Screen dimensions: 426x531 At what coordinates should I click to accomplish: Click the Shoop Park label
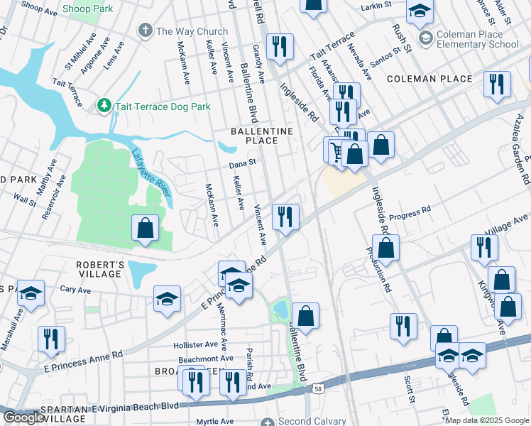tap(87, 9)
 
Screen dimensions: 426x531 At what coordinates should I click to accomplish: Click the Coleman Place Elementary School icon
tap(426, 37)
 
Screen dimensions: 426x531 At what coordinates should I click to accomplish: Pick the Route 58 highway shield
tap(319, 388)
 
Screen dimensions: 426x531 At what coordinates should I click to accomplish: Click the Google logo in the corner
tap(23, 417)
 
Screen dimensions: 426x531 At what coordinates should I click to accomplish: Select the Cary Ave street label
tap(75, 290)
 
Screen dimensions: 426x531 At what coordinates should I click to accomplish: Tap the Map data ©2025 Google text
tap(487, 420)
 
